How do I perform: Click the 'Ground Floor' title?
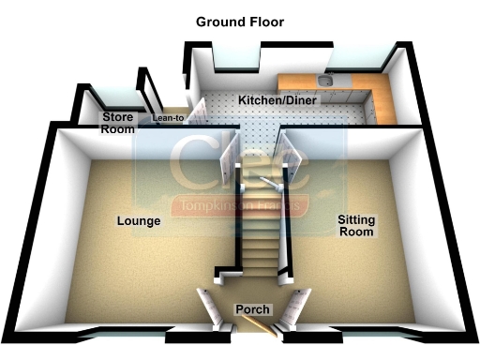[239, 22]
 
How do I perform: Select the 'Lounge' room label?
[140, 221]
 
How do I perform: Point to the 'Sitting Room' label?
[356, 225]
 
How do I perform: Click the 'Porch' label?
[252, 309]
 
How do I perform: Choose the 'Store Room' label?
[118, 123]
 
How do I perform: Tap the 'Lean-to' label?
[169, 118]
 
